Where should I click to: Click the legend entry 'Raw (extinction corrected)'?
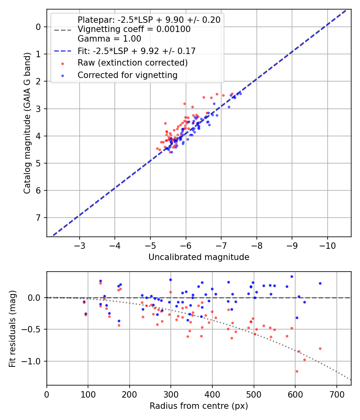point(132,63)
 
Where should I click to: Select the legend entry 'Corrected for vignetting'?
point(127,75)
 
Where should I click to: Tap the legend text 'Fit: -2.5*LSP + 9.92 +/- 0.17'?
point(136,51)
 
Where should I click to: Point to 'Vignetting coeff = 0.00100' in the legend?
point(134,29)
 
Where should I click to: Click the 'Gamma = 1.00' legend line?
point(109,39)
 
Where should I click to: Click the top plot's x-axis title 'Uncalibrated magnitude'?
point(199,257)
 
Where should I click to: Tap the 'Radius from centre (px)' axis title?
point(199,406)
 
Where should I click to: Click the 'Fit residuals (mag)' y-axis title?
point(12,328)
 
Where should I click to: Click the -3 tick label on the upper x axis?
point(80,245)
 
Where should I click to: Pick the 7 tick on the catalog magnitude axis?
point(39,218)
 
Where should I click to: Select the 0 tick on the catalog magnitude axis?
point(39,27)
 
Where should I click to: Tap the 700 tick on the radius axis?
point(336,394)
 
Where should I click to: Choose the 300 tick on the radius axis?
point(171,394)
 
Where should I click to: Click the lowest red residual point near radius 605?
point(297,371)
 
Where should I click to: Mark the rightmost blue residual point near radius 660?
point(320,283)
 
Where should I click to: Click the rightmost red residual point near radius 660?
point(320,348)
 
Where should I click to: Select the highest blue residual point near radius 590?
point(292,276)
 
